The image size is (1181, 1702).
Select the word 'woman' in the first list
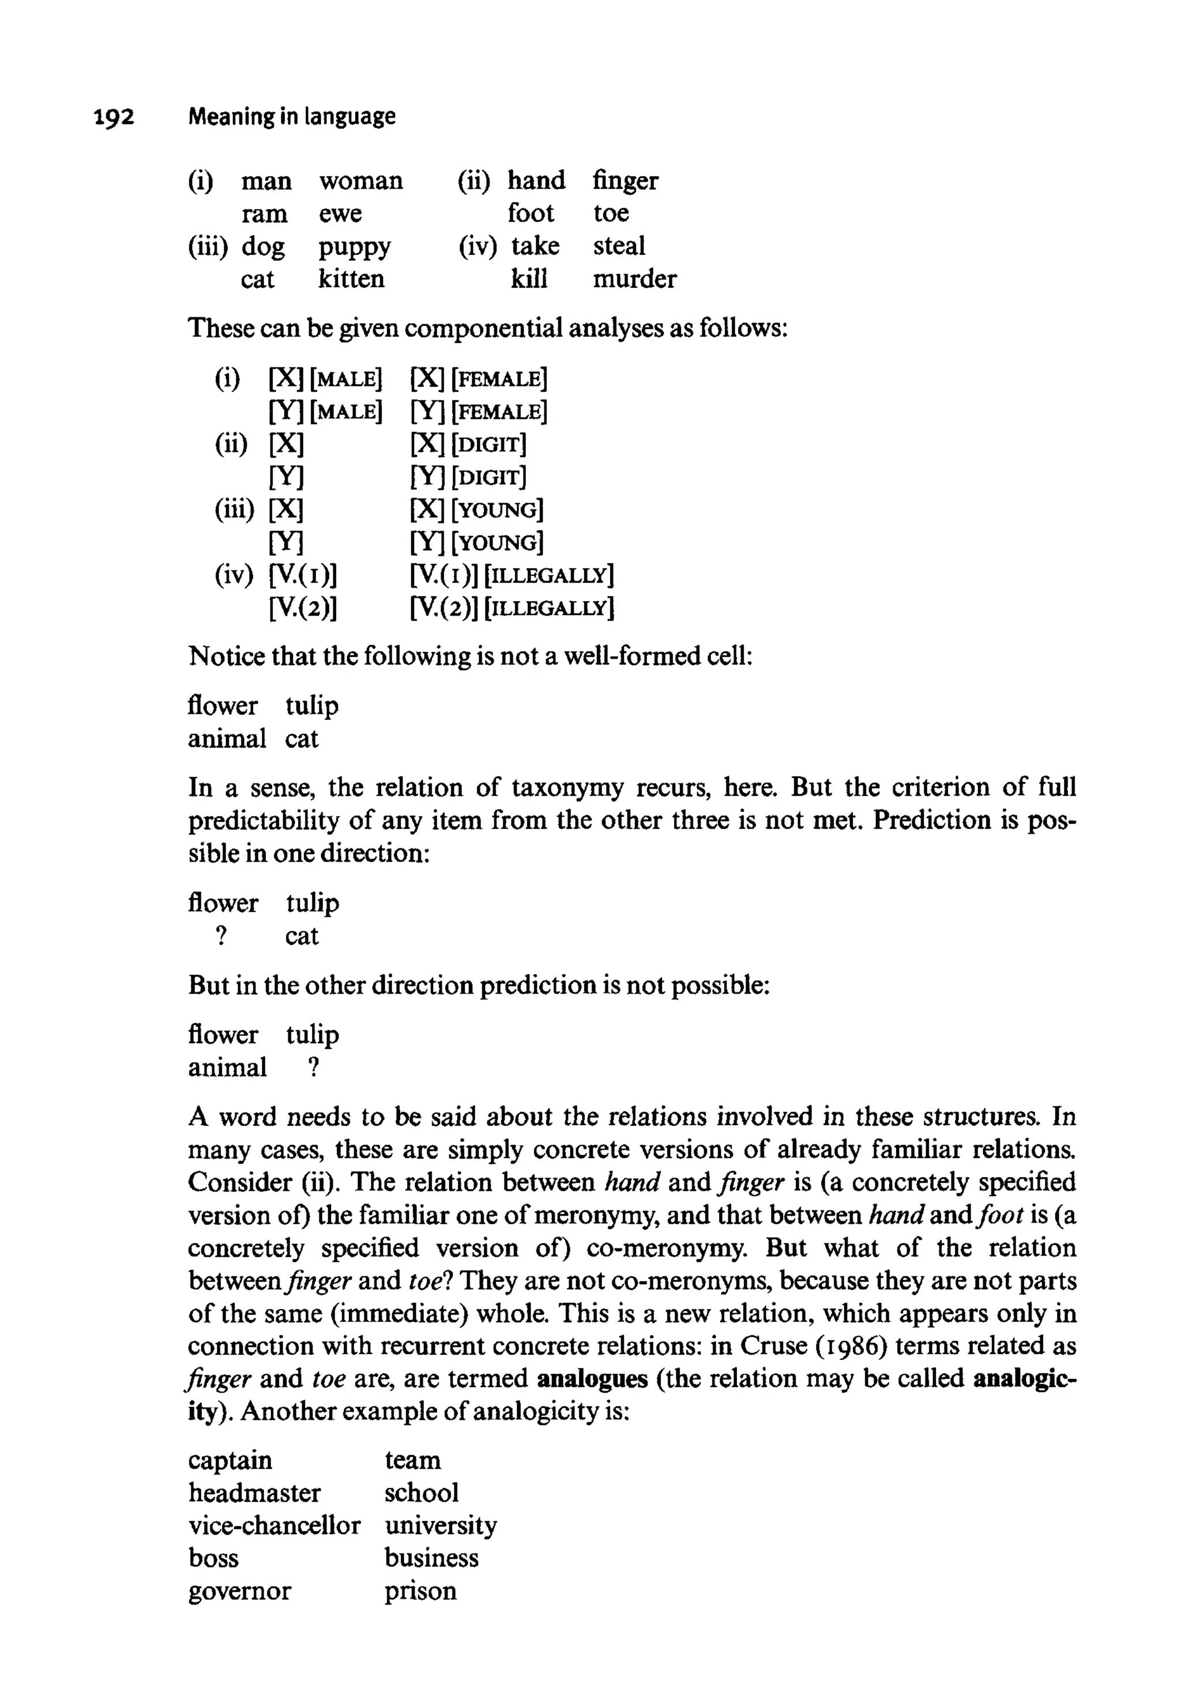(x=361, y=181)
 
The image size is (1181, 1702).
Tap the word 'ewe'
(x=340, y=214)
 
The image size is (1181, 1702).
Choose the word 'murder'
(x=634, y=279)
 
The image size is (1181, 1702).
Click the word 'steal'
(x=619, y=246)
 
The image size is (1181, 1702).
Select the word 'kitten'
(x=352, y=279)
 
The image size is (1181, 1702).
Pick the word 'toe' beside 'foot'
(x=611, y=213)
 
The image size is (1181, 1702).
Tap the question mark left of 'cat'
(x=220, y=936)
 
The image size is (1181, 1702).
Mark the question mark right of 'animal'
(x=314, y=1067)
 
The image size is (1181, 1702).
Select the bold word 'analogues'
(x=592, y=1378)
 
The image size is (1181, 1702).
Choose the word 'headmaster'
(x=254, y=1492)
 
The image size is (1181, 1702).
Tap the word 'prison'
(x=420, y=1591)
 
